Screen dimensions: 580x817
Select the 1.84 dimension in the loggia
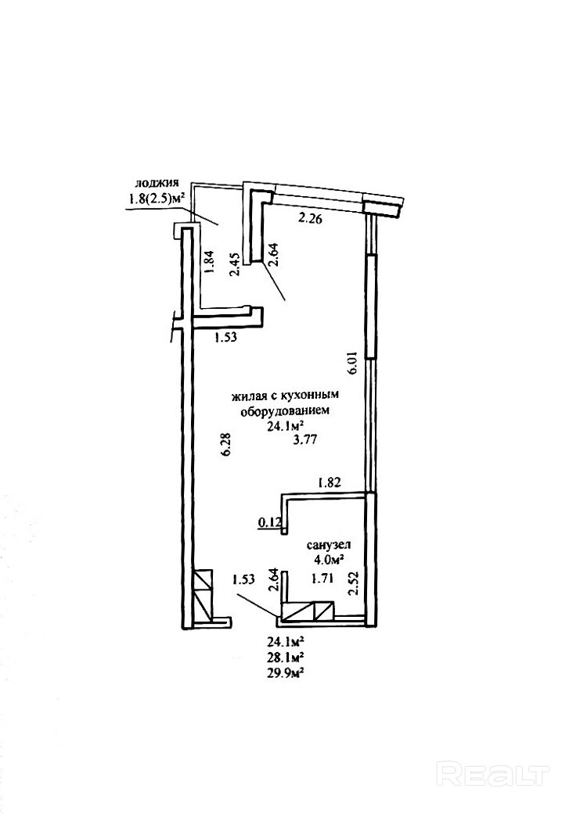pos(207,260)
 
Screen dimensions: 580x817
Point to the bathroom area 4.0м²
pos(330,560)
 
